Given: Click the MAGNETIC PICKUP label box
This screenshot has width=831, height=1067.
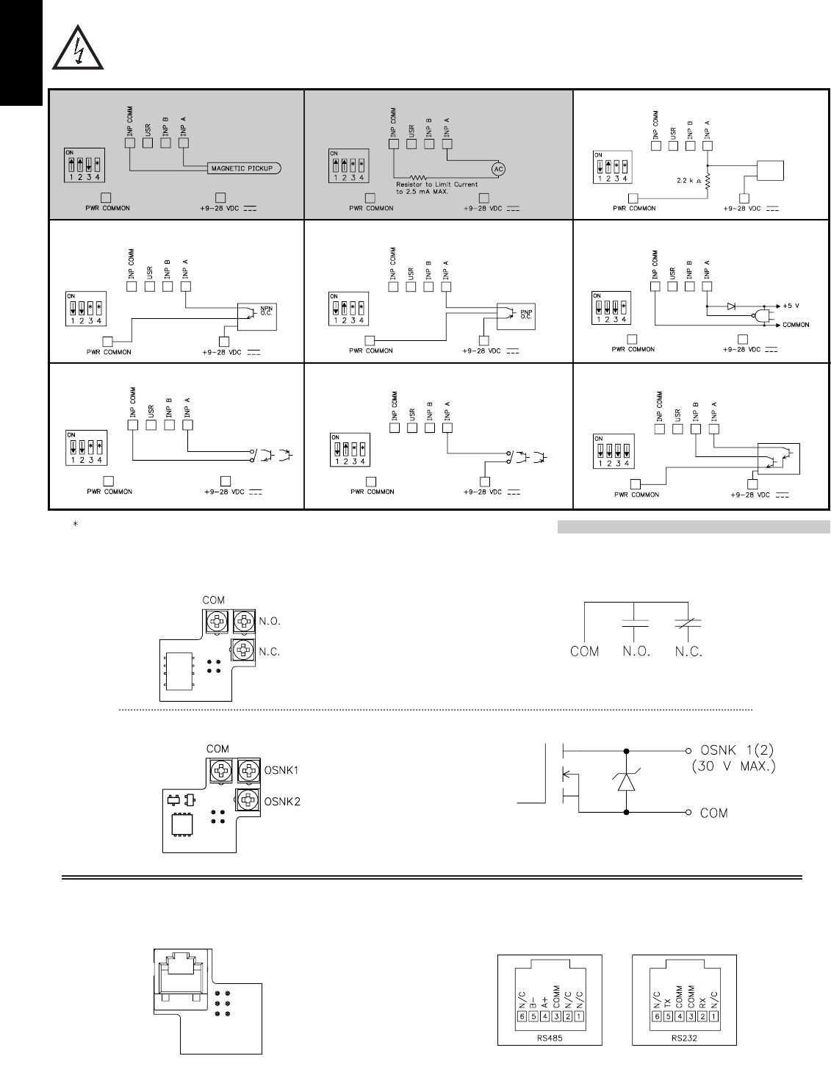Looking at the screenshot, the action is tap(242, 169).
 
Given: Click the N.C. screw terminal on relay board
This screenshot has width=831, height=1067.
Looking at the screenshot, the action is tap(243, 649).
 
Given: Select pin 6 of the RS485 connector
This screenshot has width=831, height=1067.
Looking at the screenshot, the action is tap(522, 1016).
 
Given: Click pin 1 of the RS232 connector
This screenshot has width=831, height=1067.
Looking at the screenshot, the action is tap(713, 1016).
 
